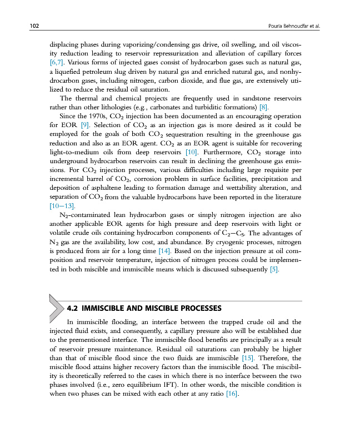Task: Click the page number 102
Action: click(22, 26)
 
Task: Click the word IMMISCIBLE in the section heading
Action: click(104, 308)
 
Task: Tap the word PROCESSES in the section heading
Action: click(197, 308)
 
